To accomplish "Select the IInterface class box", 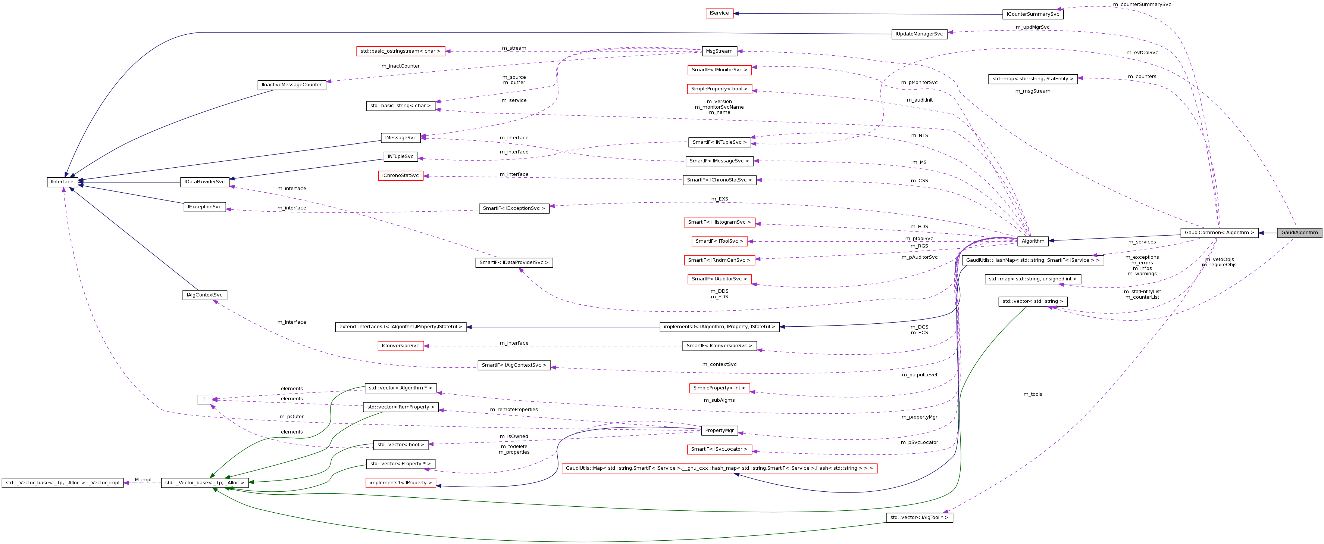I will [62, 182].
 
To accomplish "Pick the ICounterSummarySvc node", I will [1033, 15].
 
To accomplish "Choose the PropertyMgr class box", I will [719, 431].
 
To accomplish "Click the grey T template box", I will [204, 400].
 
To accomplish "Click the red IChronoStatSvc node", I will [400, 176].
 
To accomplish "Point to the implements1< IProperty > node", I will [400, 483].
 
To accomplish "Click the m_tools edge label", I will [1033, 394].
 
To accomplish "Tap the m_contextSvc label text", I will [719, 364].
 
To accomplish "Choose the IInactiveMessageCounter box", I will [291, 85].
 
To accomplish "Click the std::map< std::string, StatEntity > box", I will [1033, 79].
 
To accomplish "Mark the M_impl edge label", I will [143, 480].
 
